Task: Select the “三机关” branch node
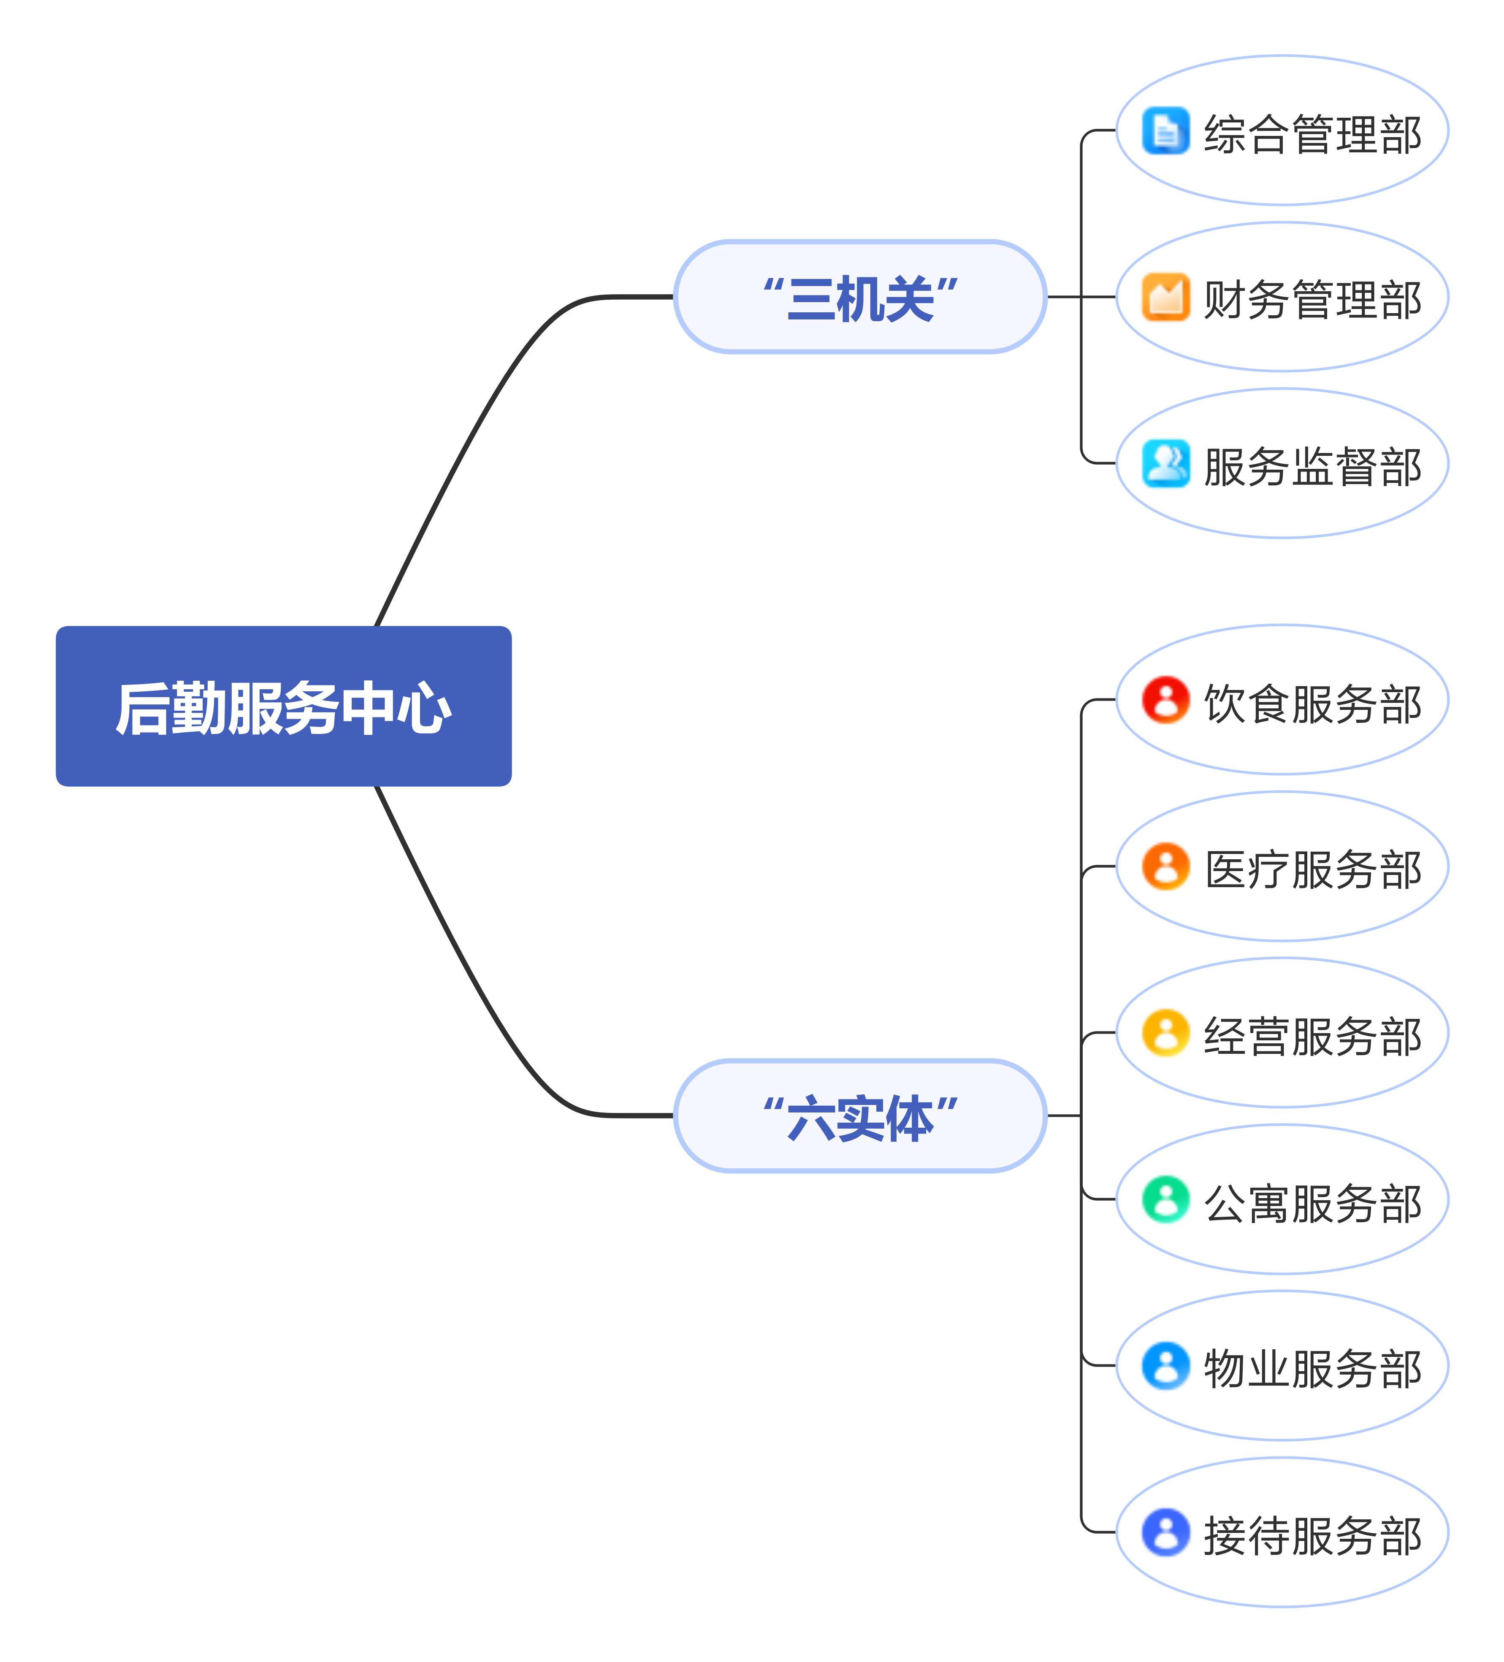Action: click(x=860, y=297)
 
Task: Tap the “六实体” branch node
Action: click(x=860, y=1115)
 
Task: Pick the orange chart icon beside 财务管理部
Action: click(x=1165, y=297)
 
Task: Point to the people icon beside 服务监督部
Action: click(x=1165, y=463)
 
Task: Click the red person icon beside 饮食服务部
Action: click(x=1165, y=700)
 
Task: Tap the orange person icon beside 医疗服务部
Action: click(x=1165, y=866)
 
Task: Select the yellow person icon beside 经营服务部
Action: click(x=1165, y=1033)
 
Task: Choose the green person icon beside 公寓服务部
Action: click(x=1165, y=1199)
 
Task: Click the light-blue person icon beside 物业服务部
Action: click(x=1165, y=1366)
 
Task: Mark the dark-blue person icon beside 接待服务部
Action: click(x=1165, y=1532)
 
